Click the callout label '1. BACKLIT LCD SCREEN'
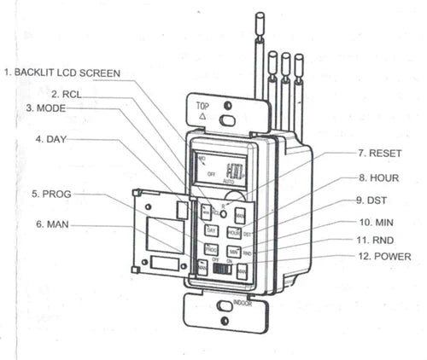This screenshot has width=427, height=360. (61, 73)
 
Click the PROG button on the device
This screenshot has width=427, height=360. (211, 249)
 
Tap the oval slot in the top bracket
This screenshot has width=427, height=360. (226, 120)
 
